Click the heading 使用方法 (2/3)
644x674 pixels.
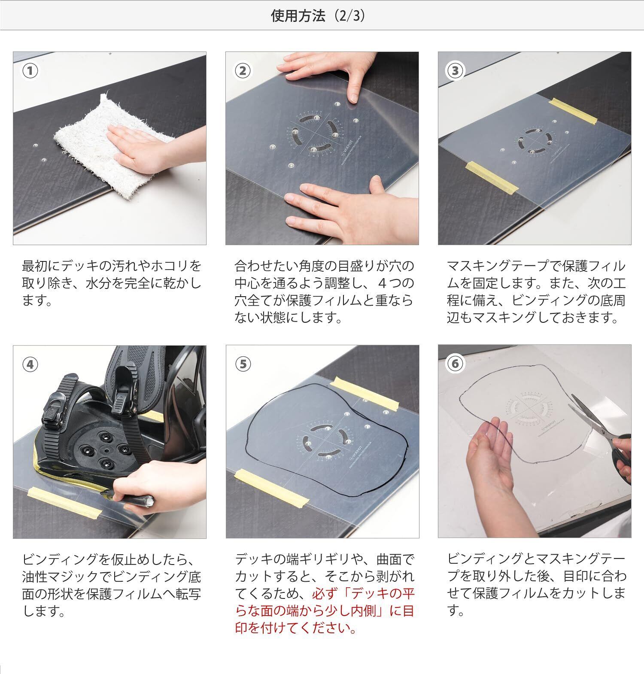tap(318, 15)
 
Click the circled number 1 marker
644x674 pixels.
tap(30, 71)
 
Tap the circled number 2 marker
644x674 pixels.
tap(243, 71)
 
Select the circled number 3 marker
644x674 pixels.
tap(455, 71)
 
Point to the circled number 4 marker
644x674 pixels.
tap(30, 364)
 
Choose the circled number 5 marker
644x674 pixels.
tap(243, 364)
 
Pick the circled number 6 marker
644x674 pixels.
tap(455, 364)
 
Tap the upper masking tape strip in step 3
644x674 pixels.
tap(574, 111)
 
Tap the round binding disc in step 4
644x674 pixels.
tap(103, 451)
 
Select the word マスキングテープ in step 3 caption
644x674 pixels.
tap(498, 266)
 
